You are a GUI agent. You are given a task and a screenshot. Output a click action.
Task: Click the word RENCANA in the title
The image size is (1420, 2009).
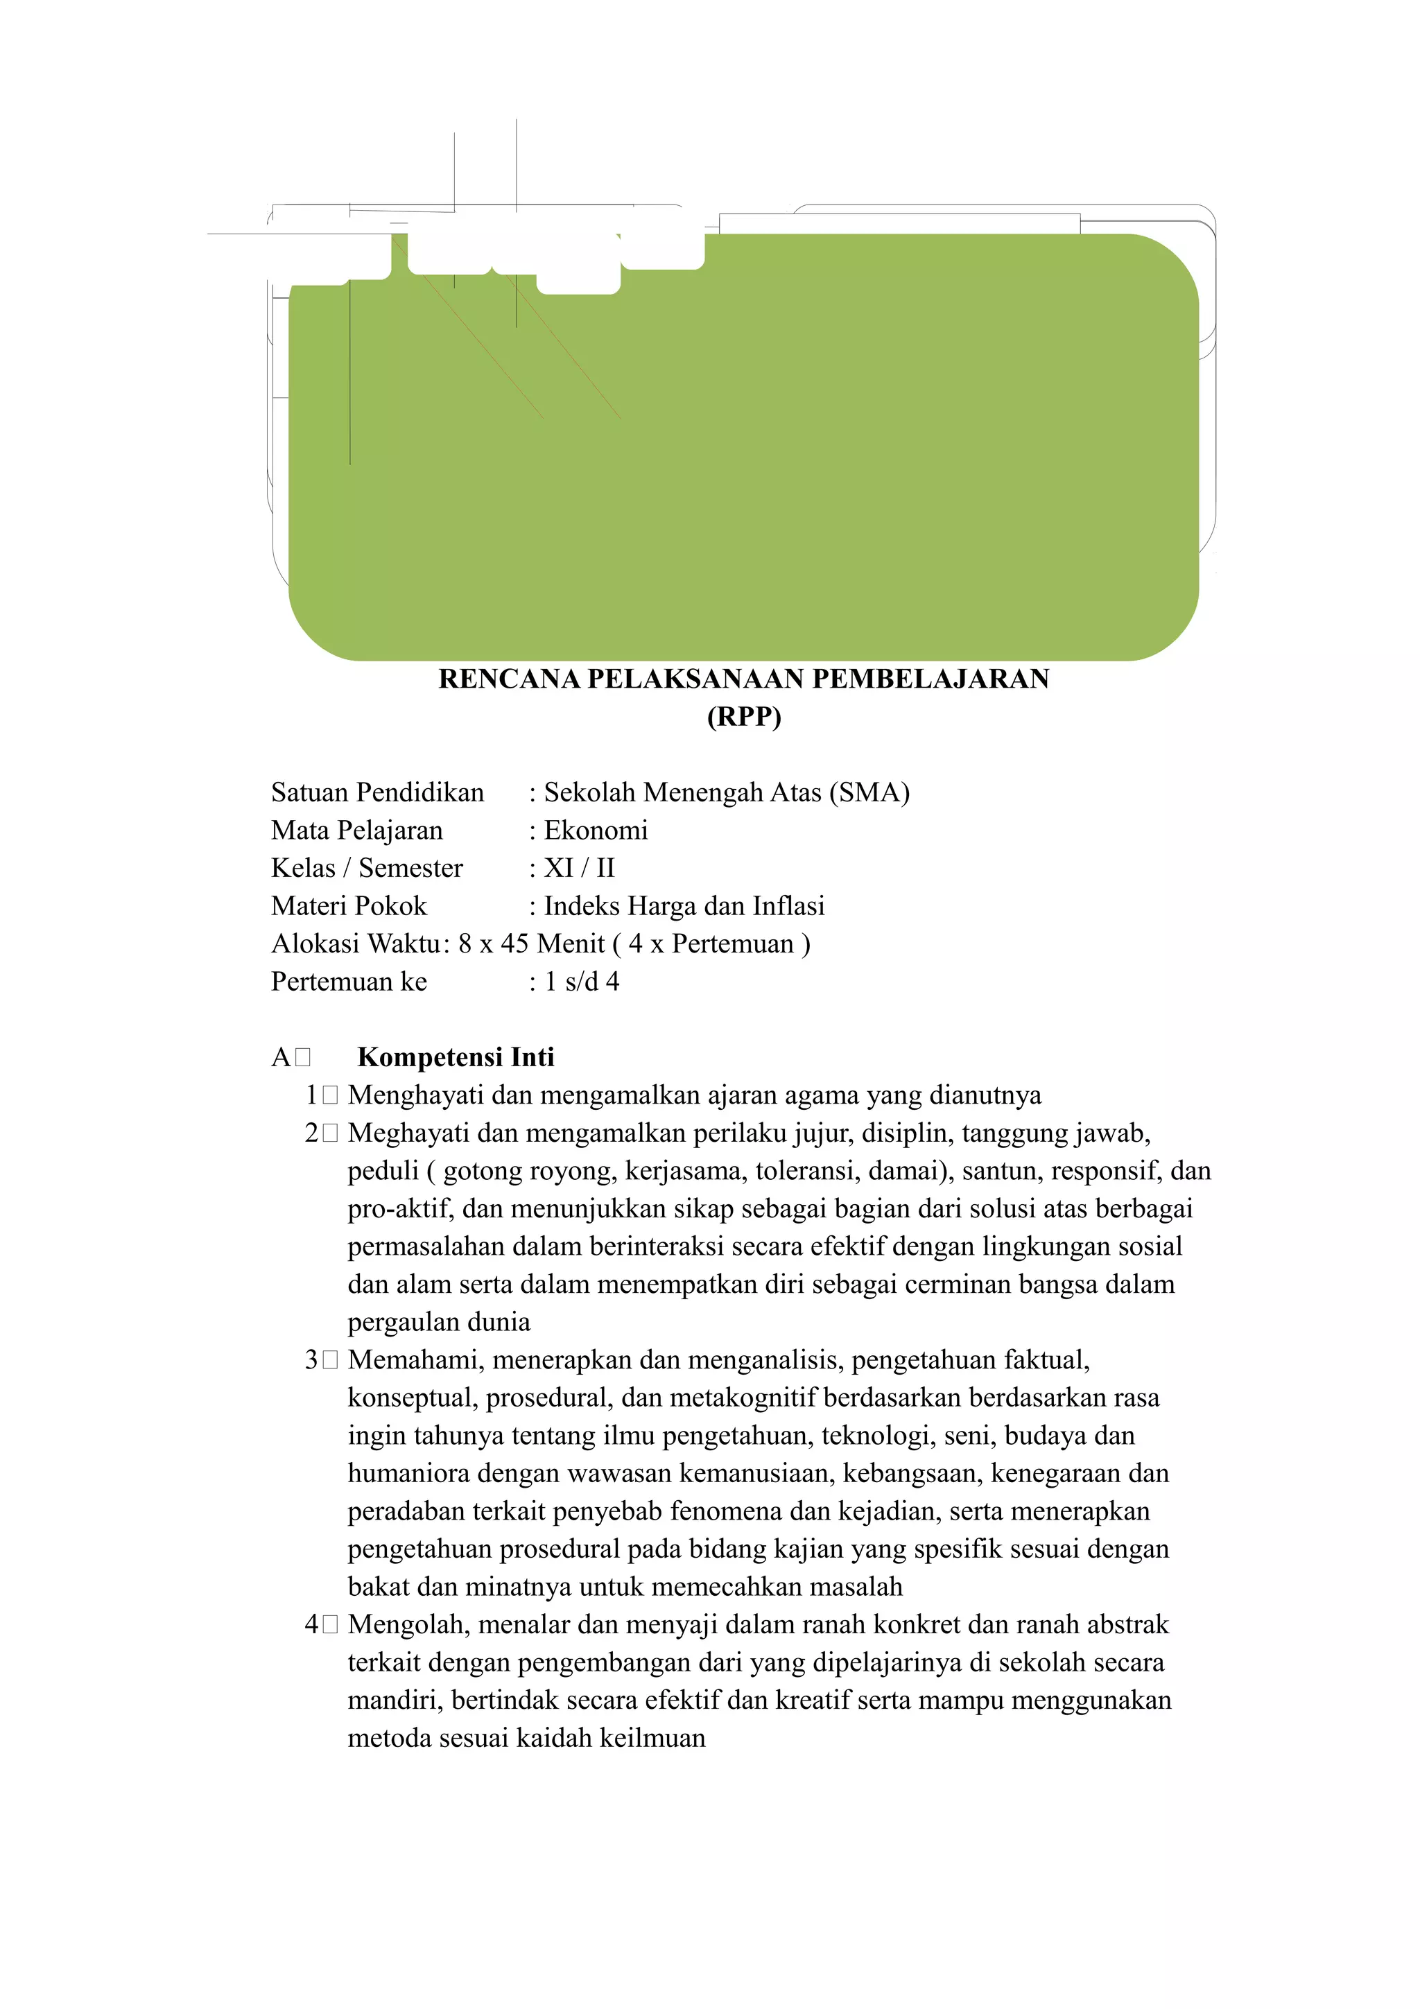pyautogui.click(x=508, y=679)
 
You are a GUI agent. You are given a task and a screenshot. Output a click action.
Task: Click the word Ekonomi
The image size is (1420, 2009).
pyautogui.click(x=596, y=830)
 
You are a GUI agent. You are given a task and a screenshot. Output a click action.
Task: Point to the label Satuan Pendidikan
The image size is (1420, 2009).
pyautogui.click(x=377, y=792)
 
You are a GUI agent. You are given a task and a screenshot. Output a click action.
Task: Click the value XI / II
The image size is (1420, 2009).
pyautogui.click(x=579, y=867)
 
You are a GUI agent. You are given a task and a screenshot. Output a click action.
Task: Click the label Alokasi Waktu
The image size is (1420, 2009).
pyautogui.click(x=355, y=943)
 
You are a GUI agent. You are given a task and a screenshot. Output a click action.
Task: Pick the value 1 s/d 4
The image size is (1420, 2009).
pyautogui.click(x=582, y=981)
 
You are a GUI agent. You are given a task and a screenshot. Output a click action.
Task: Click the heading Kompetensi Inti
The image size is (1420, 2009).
pyautogui.click(x=456, y=1057)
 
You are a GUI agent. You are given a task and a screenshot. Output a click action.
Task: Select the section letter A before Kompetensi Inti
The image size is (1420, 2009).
pyautogui.click(x=281, y=1057)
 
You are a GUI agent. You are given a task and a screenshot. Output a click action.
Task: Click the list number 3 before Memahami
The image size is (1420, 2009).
pyautogui.click(x=311, y=1359)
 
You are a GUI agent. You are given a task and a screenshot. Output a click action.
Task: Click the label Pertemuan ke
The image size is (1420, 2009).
pyautogui.click(x=349, y=981)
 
